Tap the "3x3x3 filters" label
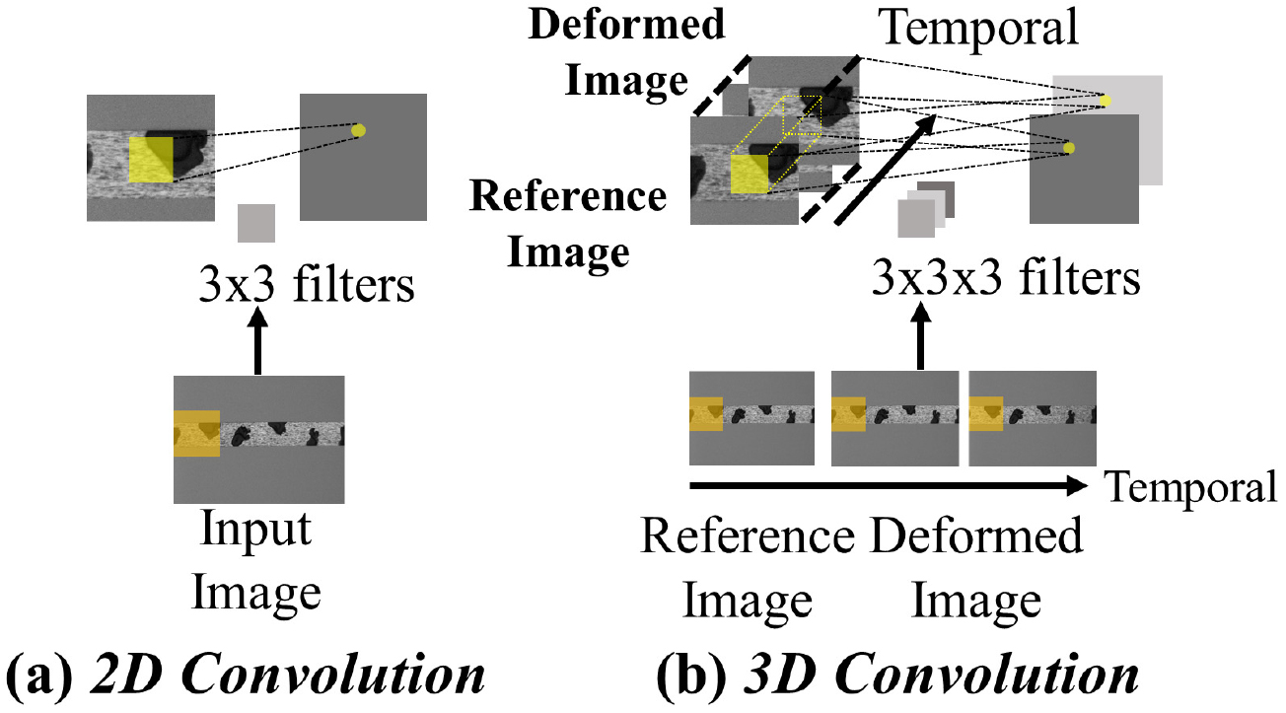1005,278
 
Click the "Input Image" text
256,562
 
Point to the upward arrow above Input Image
257,340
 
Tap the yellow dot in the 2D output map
358,130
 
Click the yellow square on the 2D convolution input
151,160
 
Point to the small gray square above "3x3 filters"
256,223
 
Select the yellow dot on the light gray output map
1106,101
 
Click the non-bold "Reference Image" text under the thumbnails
747,568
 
